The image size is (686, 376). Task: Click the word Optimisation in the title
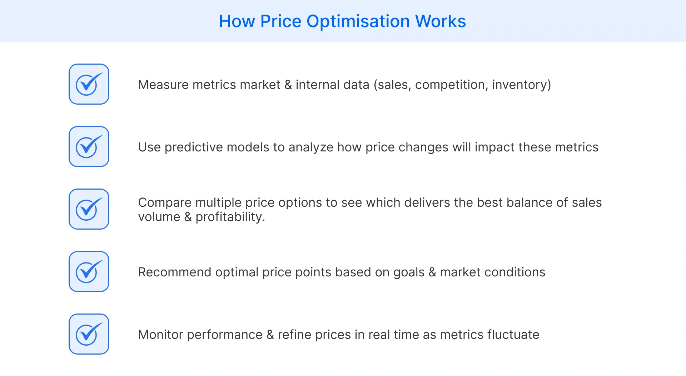click(x=358, y=21)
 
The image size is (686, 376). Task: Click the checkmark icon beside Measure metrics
click(x=89, y=84)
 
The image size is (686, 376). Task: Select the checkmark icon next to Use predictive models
click(x=89, y=147)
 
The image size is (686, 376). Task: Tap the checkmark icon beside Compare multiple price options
click(x=89, y=209)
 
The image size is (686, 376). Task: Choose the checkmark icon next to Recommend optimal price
click(x=89, y=272)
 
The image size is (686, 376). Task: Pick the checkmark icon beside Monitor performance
click(x=89, y=334)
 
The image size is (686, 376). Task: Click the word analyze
click(x=311, y=147)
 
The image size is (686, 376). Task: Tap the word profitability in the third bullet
click(x=230, y=217)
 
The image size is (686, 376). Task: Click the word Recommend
click(x=175, y=272)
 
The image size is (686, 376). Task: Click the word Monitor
click(x=161, y=335)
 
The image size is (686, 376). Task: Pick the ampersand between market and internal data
click(x=288, y=85)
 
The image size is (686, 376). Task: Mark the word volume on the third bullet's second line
click(x=159, y=217)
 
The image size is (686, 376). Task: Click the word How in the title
click(x=237, y=21)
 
